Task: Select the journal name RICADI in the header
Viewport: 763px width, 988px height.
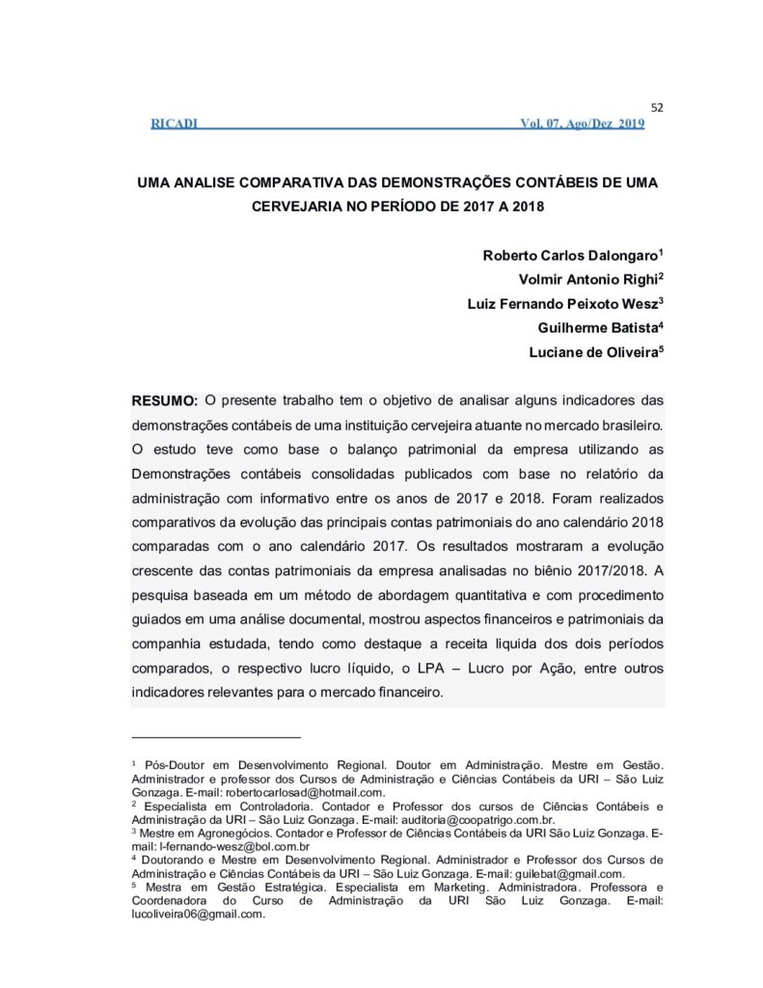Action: pyautogui.click(x=175, y=123)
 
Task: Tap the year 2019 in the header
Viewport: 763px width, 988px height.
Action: pyautogui.click(x=631, y=123)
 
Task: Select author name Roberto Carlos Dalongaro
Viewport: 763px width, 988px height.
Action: pyautogui.click(x=569, y=256)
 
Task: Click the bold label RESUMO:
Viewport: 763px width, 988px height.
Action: pyautogui.click(x=165, y=400)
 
